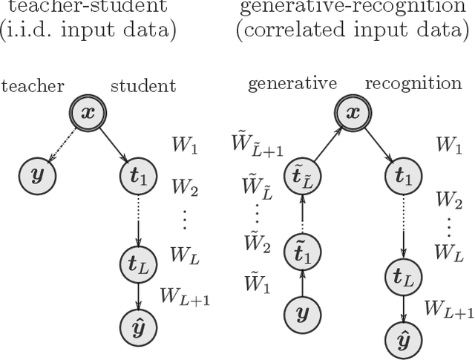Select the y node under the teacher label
point(34,176)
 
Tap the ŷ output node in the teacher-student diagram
point(137,324)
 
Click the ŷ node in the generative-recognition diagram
point(404,341)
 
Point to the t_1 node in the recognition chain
point(404,177)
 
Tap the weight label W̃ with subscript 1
point(256,284)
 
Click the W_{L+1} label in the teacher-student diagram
point(186,295)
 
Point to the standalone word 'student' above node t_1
point(143,86)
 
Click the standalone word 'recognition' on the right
point(419,82)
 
